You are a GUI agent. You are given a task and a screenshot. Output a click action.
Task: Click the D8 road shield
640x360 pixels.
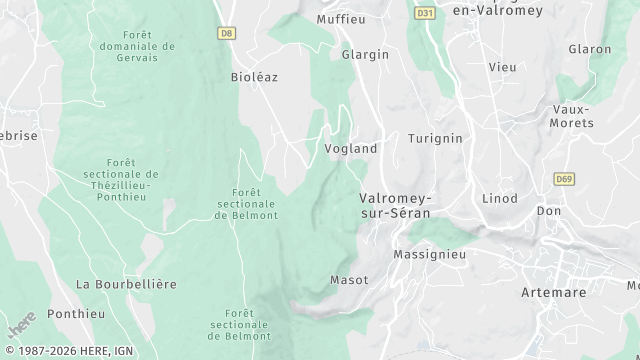click(x=227, y=33)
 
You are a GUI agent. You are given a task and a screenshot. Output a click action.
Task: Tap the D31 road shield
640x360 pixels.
click(x=425, y=13)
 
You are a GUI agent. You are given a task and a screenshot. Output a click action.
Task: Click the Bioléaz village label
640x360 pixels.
click(x=254, y=77)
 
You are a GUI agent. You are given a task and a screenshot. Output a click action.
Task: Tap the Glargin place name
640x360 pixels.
click(x=365, y=55)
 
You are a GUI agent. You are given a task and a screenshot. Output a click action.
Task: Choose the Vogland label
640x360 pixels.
click(x=351, y=149)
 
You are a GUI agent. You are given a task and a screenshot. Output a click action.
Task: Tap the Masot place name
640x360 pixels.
click(x=349, y=279)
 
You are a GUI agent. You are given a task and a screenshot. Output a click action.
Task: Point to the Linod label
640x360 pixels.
click(x=500, y=199)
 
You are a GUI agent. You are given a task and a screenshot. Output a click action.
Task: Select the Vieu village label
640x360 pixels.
click(x=502, y=66)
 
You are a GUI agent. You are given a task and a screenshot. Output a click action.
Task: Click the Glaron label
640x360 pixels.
click(x=589, y=49)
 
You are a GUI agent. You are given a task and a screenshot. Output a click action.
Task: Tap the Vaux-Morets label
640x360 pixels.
click(x=571, y=116)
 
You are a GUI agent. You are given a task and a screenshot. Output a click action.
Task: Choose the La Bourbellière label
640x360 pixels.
click(x=126, y=284)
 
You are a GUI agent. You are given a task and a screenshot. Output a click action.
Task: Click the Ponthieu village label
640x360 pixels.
click(x=76, y=313)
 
